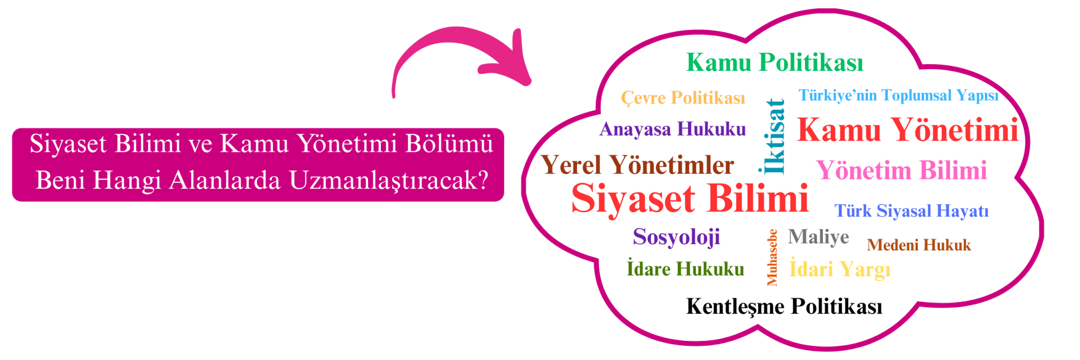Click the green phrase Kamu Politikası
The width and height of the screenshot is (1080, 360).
(775, 62)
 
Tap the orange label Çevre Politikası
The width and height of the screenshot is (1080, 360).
(683, 98)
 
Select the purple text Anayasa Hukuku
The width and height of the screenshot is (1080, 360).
(673, 129)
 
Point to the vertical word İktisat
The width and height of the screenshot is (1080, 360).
(775, 136)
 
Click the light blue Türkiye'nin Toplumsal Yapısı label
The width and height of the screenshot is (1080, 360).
(898, 96)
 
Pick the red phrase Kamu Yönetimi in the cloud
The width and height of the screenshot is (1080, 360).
(908, 130)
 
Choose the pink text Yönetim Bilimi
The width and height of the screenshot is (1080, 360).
(902, 170)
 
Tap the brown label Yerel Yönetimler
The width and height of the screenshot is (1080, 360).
(637, 165)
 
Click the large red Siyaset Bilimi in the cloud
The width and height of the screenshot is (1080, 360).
(690, 199)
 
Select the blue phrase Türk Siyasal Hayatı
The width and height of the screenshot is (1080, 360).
(911, 211)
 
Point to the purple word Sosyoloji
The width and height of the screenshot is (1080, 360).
(676, 237)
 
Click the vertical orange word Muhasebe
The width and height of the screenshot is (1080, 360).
(772, 257)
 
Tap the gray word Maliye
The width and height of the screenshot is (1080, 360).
(818, 237)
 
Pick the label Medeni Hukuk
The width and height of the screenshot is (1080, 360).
(919, 245)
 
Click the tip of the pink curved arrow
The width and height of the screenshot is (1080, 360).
(529, 83)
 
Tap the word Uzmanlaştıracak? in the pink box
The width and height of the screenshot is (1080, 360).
(389, 181)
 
